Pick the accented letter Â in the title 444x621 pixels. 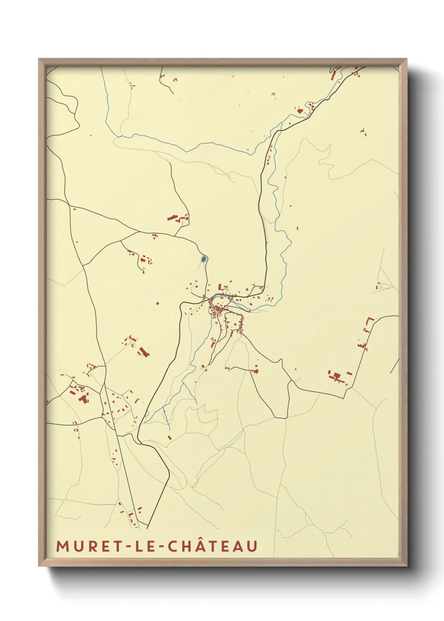point(204,545)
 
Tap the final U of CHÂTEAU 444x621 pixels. point(252,546)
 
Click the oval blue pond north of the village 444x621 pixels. point(204,259)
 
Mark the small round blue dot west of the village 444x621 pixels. point(157,303)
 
